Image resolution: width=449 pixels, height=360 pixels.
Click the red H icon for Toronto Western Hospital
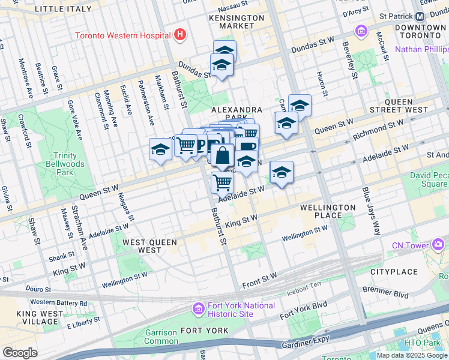[179, 35]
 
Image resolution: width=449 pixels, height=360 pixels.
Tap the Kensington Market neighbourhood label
[236, 22]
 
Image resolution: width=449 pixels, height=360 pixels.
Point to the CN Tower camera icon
[438, 245]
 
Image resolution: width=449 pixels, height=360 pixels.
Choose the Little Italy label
[64, 9]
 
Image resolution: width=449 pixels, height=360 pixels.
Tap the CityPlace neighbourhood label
[393, 272]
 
